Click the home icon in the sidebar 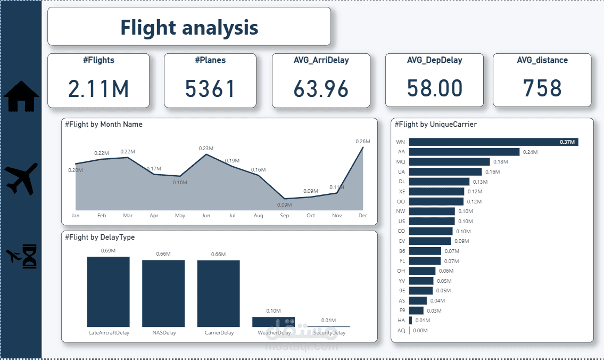(x=21, y=96)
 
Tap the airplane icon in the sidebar (x=22, y=178)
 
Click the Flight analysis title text (x=189, y=27)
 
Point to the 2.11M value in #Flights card (x=98, y=88)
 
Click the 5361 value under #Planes (x=210, y=88)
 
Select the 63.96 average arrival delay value (x=321, y=88)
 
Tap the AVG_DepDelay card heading (x=434, y=60)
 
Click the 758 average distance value (x=542, y=88)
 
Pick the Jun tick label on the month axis (x=206, y=216)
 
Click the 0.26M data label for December (x=362, y=141)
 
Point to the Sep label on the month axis (x=284, y=216)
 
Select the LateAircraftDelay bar (x=109, y=292)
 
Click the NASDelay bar (x=163, y=293)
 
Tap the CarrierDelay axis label (x=219, y=333)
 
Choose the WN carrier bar (x=493, y=142)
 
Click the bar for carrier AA (x=464, y=152)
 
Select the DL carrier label (x=401, y=182)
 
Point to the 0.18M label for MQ (x=500, y=162)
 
